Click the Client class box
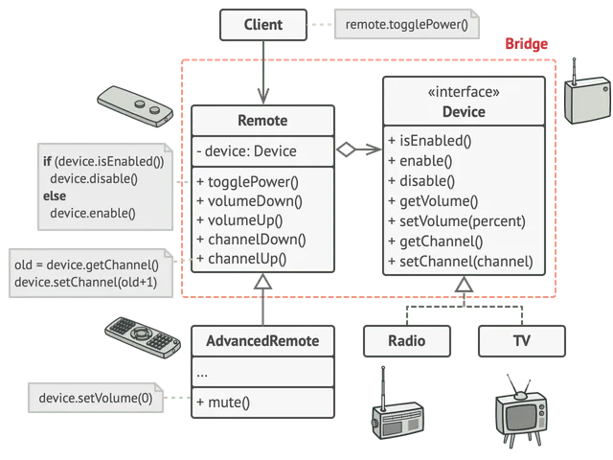[263, 25]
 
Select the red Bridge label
[526, 44]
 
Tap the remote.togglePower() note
[406, 25]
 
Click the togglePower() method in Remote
[247, 182]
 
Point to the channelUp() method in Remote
[241, 259]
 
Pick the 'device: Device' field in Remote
[247, 151]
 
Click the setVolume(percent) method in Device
[457, 221]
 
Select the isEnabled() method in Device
[430, 141]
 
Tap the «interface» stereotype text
[464, 92]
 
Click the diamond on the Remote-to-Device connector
[346, 149]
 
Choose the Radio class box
[407, 341]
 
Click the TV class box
[522, 341]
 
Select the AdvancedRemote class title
[262, 341]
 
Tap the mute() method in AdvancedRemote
[223, 402]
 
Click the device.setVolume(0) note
[96, 398]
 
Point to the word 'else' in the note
[55, 195]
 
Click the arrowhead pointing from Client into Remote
[263, 96]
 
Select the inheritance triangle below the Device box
[464, 285]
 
